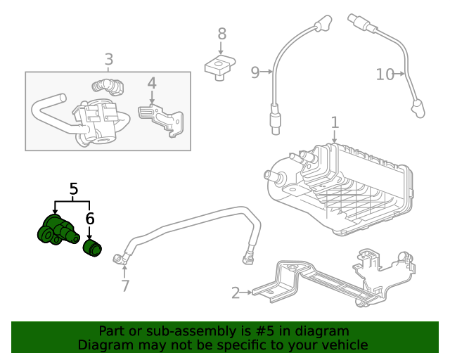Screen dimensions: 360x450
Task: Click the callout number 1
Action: [x=335, y=122]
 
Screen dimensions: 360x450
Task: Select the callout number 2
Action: [x=236, y=292]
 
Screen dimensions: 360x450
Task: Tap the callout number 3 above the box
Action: [x=108, y=60]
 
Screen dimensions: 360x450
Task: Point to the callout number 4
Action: [x=151, y=84]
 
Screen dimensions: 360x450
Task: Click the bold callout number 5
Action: [x=74, y=188]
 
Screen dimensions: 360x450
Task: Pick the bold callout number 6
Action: [x=89, y=219]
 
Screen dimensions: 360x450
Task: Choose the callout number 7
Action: [x=125, y=285]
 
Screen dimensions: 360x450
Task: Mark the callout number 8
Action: [x=221, y=33]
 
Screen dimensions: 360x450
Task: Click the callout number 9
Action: [x=255, y=71]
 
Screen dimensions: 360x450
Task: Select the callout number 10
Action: [x=385, y=73]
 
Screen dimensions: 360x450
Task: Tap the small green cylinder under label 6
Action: [x=93, y=248]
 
